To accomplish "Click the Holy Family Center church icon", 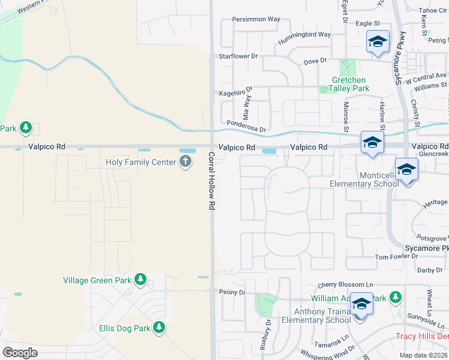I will (185, 161).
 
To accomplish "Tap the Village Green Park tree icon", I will (140, 280).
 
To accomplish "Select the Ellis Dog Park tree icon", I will (159, 328).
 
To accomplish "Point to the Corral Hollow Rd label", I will (211, 180).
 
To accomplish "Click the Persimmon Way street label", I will (256, 19).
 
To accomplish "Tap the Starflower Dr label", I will (238, 56).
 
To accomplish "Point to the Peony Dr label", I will (234, 292).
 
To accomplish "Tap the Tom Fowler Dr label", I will (396, 256).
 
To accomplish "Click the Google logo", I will (20, 352).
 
